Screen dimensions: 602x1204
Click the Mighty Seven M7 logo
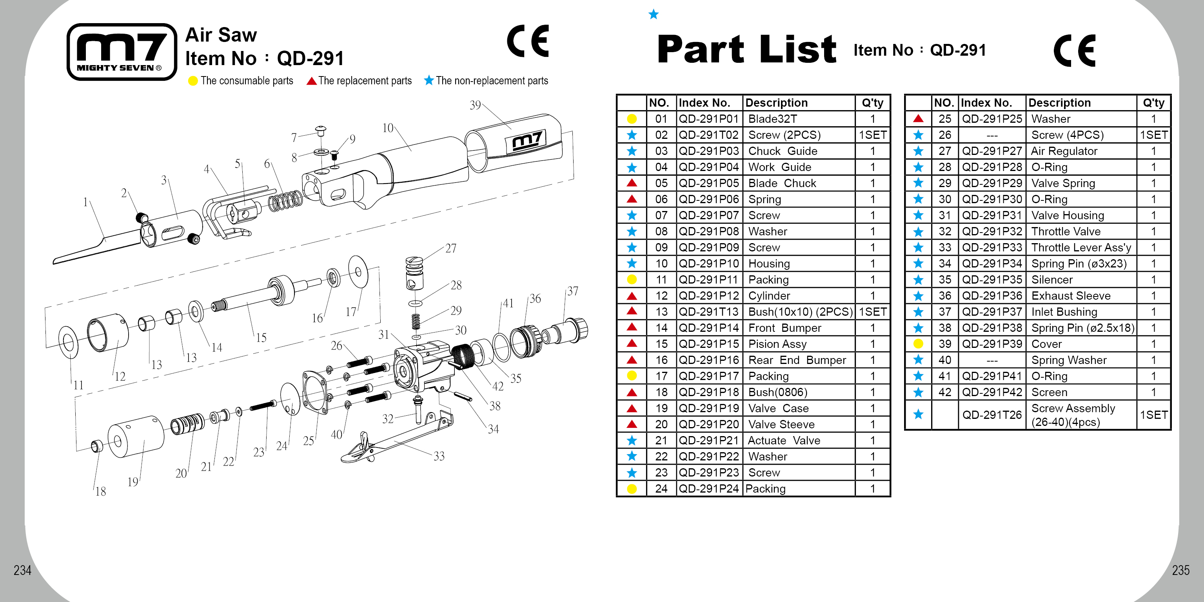(122, 52)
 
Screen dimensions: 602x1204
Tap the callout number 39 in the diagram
(475, 105)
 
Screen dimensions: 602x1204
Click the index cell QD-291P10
(708, 264)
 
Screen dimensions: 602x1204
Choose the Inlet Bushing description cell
(1064, 312)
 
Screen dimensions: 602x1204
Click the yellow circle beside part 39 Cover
(918, 344)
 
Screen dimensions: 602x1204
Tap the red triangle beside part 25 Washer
(918, 119)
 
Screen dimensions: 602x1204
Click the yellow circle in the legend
(192, 81)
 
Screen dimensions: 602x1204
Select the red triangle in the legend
(311, 81)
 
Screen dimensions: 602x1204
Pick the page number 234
(22, 570)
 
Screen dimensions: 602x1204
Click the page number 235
(1180, 570)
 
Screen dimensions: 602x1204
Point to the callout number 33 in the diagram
(438, 456)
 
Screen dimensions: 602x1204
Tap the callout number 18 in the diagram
(100, 491)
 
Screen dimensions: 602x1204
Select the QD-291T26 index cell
(992, 415)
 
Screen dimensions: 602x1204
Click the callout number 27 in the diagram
(450, 248)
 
